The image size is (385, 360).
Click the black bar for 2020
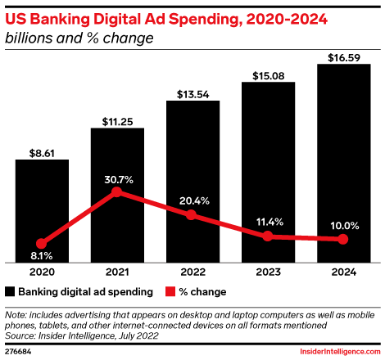click(42, 209)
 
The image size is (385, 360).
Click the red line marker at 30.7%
click(117, 192)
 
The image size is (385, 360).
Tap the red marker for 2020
click(42, 243)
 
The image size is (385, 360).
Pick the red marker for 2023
click(267, 236)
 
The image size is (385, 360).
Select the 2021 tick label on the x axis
click(117, 270)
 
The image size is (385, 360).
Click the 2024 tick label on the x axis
click(342, 270)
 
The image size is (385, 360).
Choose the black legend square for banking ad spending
click(11, 290)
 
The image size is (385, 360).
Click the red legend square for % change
click(171, 290)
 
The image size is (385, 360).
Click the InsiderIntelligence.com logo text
click(338, 350)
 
